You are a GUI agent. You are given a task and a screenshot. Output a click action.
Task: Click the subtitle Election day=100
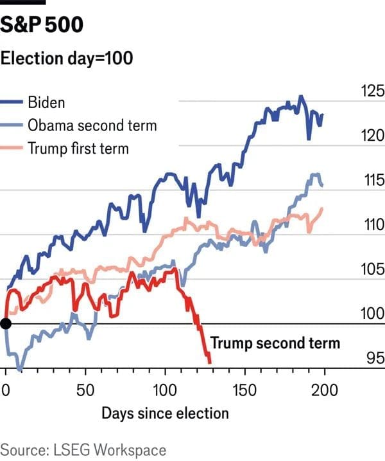(x=67, y=58)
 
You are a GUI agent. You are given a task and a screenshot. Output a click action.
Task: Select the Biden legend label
(x=47, y=102)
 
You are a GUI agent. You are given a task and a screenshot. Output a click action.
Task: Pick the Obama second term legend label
(x=92, y=125)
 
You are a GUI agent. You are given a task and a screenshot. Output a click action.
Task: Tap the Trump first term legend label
(x=78, y=149)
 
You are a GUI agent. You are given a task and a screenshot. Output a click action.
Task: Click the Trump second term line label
(x=275, y=343)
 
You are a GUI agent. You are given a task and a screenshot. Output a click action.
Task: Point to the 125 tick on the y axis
(x=372, y=91)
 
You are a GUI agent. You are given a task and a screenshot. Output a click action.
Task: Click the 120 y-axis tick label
(x=372, y=136)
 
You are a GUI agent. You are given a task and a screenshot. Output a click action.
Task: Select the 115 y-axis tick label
(x=372, y=181)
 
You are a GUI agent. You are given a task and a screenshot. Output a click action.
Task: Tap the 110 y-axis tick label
(x=372, y=225)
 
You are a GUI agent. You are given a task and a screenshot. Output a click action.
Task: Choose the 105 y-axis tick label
(x=372, y=270)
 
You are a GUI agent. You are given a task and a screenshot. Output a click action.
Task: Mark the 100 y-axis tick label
(x=372, y=314)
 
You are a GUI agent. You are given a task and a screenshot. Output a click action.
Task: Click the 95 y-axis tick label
(x=374, y=359)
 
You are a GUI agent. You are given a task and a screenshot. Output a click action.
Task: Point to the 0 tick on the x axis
(x=6, y=390)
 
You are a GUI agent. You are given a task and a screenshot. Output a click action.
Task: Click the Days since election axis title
(x=165, y=413)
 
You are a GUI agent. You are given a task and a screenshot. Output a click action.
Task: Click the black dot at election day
(x=5, y=323)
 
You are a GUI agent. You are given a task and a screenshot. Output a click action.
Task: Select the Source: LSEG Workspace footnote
(x=83, y=449)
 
